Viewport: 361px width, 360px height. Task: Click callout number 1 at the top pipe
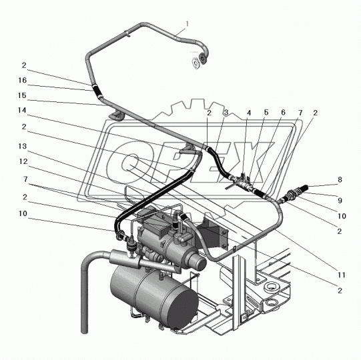click(188, 24)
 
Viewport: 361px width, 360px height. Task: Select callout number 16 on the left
click(23, 80)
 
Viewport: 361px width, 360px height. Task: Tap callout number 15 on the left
click(22, 95)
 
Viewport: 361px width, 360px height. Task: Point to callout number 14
click(22, 111)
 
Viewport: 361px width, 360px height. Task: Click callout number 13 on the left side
click(23, 146)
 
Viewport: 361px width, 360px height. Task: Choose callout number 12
click(23, 161)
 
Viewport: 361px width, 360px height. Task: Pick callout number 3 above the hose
click(226, 113)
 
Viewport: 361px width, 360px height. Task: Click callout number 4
click(249, 113)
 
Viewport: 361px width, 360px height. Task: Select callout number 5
click(266, 113)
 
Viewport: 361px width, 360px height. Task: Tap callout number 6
click(283, 113)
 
